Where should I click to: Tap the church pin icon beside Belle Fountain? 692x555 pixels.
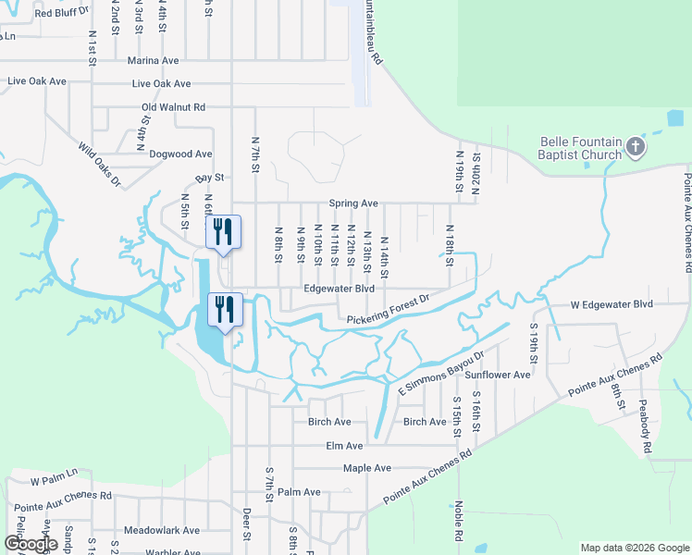click(636, 146)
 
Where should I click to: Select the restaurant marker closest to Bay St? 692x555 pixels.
click(223, 231)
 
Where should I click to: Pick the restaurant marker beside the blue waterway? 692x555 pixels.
click(223, 308)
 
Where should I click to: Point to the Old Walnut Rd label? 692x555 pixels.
click(173, 107)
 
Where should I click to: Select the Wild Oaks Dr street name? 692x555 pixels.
click(100, 165)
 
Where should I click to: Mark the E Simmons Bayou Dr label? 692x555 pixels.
click(442, 375)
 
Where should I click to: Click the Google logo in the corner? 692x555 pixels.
click(30, 544)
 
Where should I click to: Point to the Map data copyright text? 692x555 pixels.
click(634, 548)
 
